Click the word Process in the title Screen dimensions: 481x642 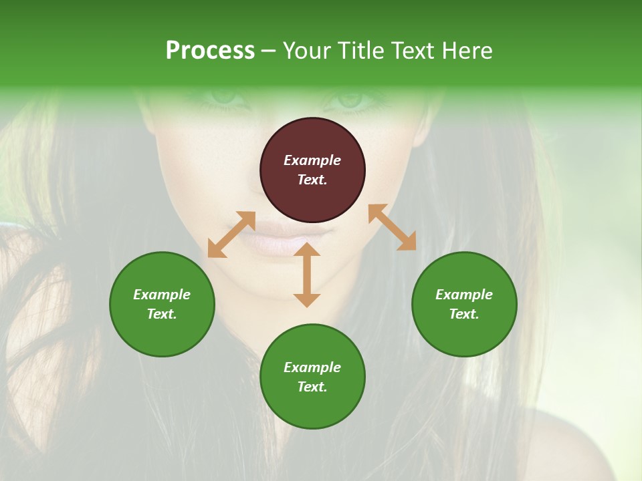(210, 51)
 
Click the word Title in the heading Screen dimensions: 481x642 (361, 51)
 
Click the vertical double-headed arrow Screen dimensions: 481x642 (307, 275)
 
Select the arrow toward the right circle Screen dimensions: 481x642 (392, 227)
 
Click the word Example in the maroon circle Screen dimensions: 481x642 (312, 160)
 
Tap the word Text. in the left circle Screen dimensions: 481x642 (162, 314)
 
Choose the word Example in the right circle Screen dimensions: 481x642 (464, 295)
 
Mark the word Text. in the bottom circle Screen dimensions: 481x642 (312, 387)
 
